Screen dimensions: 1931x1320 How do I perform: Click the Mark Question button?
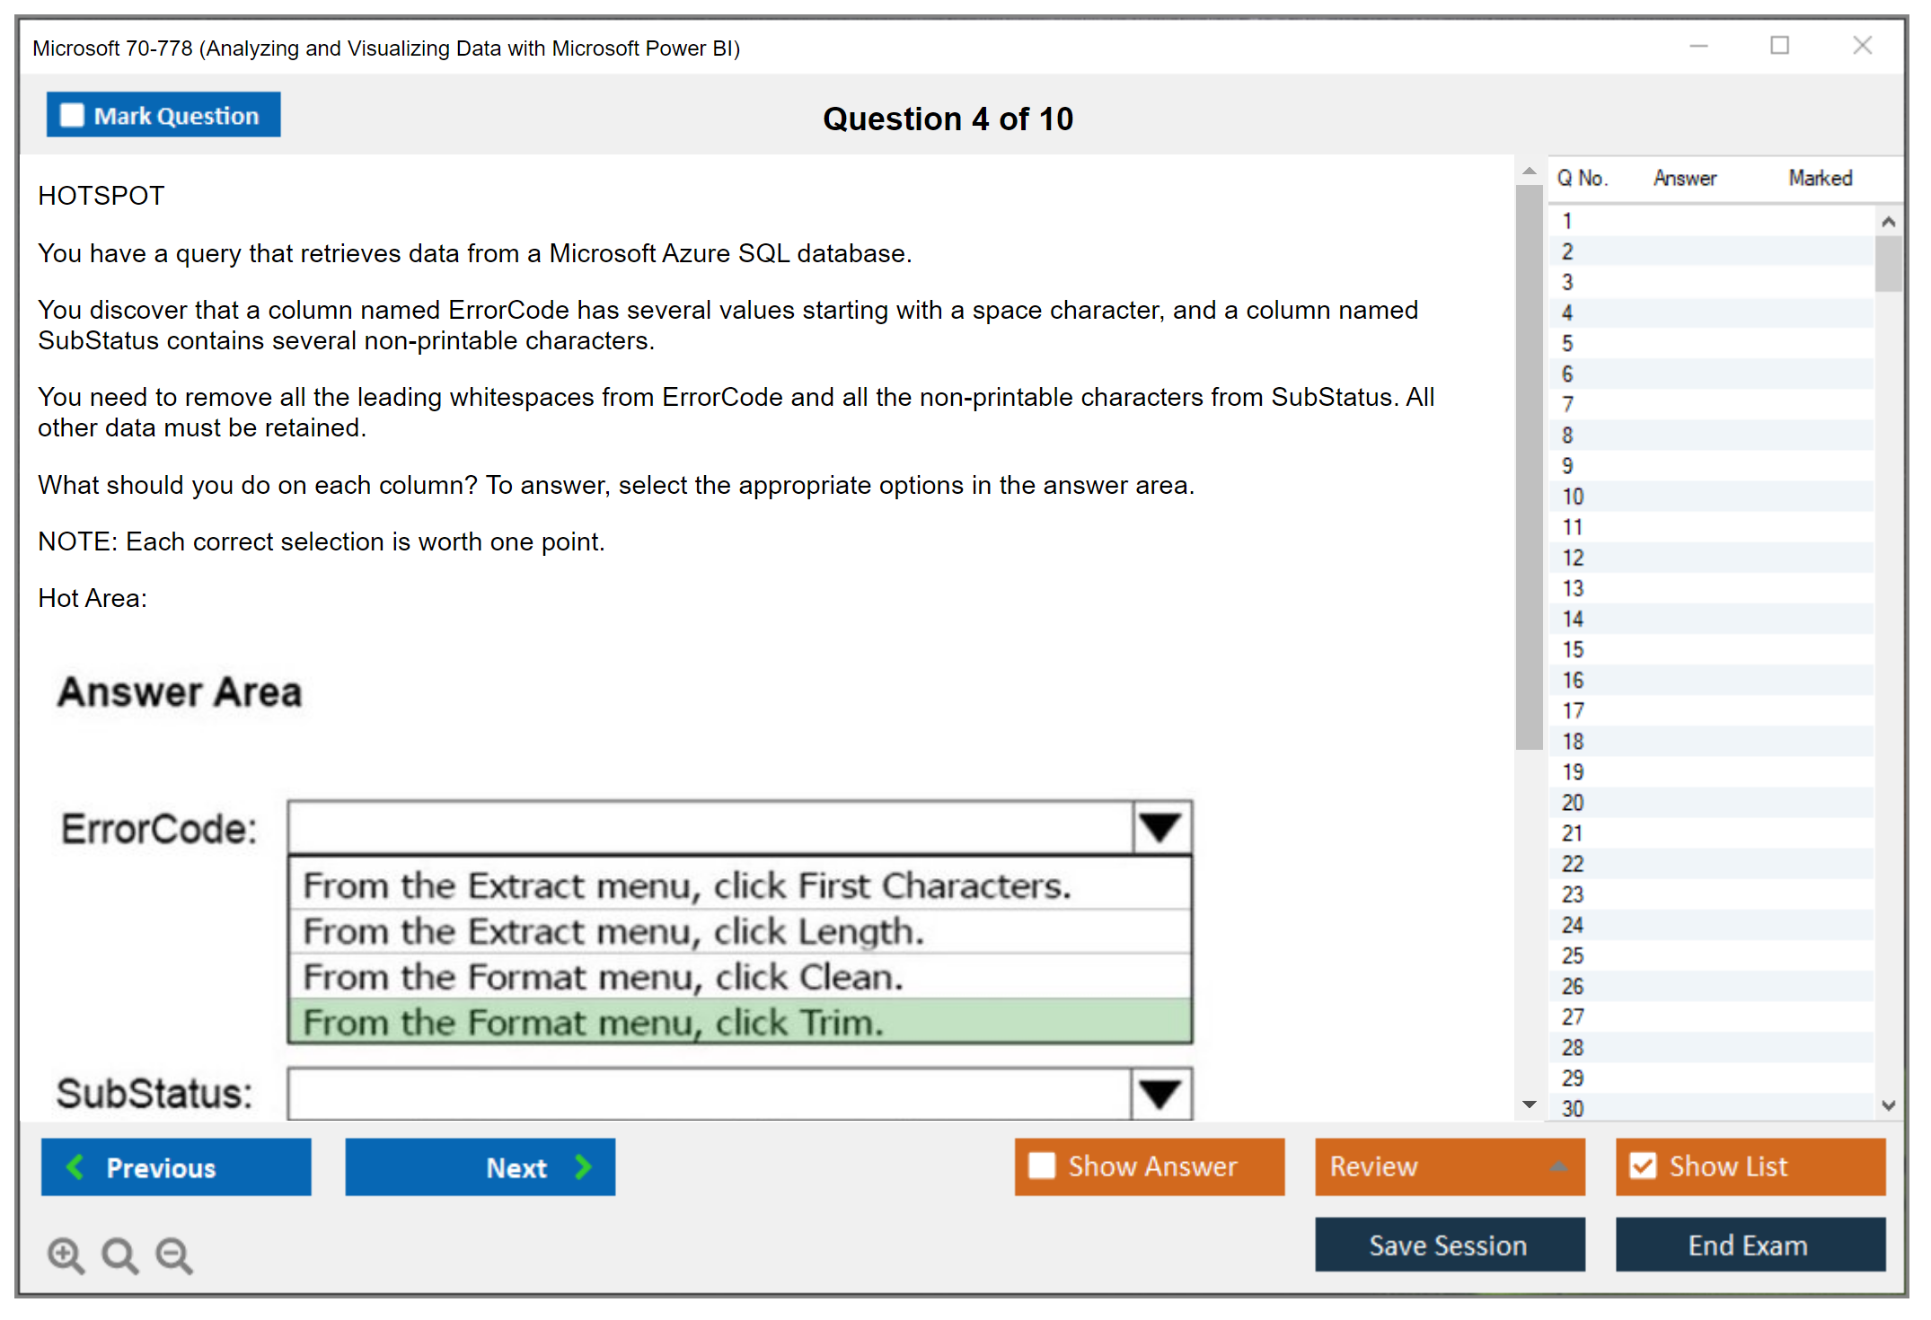coord(163,115)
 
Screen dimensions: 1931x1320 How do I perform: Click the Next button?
coord(481,1166)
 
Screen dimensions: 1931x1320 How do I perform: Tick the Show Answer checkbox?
coord(1042,1166)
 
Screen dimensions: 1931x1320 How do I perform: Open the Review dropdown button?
coord(1450,1166)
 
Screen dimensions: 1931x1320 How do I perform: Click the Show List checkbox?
coord(1643,1166)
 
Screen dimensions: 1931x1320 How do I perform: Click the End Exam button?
coord(1750,1245)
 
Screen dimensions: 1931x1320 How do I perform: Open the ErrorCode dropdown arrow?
coord(1161,827)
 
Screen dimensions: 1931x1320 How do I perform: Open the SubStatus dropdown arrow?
coord(1160,1093)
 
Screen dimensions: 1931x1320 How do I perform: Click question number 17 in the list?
coord(1573,710)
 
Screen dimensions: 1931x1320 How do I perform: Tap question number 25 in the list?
coord(1573,955)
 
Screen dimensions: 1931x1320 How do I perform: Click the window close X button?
coord(1862,45)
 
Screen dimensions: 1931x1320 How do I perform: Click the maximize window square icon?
coord(1779,45)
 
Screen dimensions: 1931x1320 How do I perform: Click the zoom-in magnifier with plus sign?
coord(66,1254)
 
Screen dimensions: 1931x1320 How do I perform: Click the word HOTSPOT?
coord(101,196)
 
